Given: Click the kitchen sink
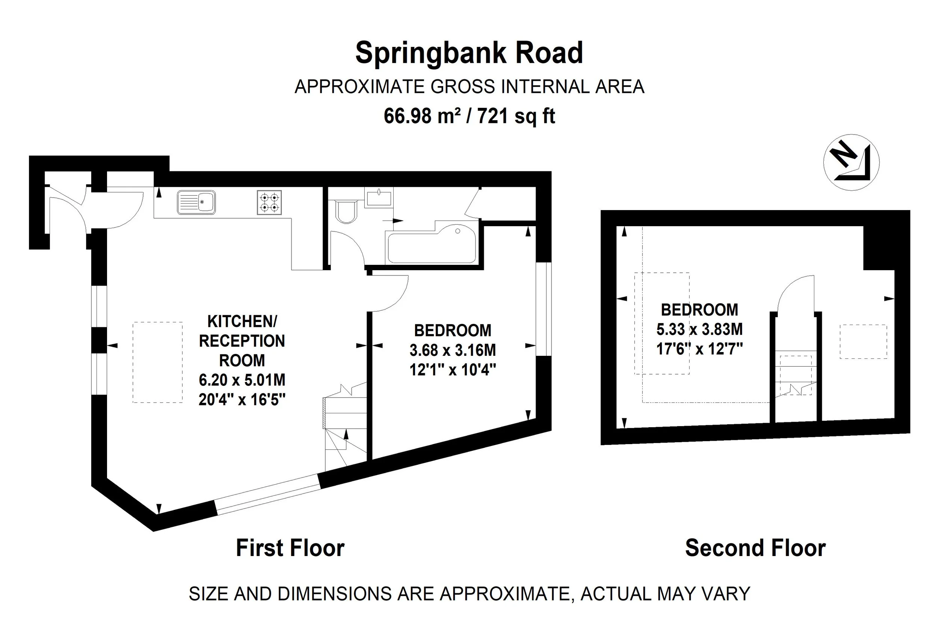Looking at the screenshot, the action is pos(196,203).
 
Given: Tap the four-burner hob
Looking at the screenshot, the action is pos(269,203).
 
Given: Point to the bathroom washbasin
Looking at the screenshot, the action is pos(379,198).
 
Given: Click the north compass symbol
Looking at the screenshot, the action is pos(851,162).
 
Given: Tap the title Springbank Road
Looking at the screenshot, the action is pos(469,53).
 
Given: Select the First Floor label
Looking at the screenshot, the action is pos(290,549).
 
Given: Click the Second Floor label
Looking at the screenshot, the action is pos(756,549).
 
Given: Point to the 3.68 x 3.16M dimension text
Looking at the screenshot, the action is pos(453,350).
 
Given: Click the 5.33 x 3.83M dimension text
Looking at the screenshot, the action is pos(699,330).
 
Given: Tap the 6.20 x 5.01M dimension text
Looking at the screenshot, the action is pos(242,380).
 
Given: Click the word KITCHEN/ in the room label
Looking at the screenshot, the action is pos(242,321).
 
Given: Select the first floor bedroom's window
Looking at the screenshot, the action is pos(543,309).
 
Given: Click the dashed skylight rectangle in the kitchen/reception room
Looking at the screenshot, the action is pos(158,362).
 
